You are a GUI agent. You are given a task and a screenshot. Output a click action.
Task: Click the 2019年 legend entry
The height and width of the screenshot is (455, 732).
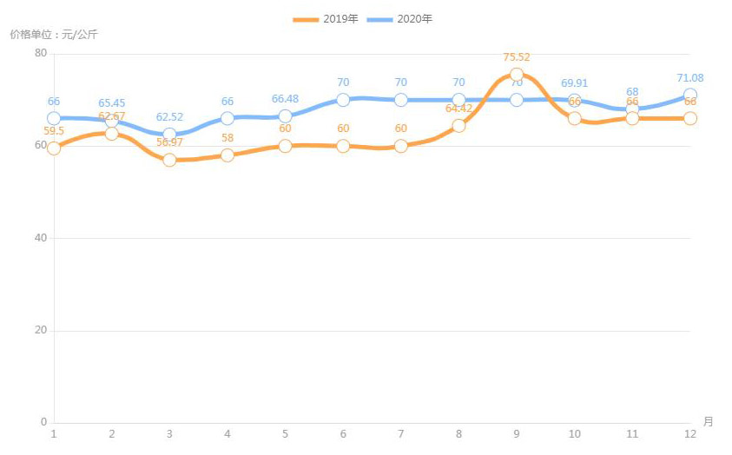(326, 19)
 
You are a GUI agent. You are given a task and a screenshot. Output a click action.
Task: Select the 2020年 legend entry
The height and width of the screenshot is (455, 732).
(400, 19)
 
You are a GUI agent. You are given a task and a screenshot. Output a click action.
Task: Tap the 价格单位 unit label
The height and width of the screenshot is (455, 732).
(54, 35)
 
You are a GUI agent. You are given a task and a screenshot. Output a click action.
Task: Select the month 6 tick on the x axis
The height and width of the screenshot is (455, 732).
(343, 433)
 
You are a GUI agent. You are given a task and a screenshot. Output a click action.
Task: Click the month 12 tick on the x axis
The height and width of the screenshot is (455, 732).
(689, 433)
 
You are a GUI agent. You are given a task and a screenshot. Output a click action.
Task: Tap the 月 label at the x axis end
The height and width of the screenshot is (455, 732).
(708, 422)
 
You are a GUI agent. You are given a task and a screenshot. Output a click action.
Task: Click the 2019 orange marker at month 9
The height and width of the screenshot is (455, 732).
(517, 75)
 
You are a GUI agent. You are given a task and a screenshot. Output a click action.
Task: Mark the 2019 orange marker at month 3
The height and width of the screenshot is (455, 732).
(169, 160)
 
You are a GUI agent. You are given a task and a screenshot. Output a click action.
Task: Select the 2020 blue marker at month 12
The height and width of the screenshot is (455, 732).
(689, 95)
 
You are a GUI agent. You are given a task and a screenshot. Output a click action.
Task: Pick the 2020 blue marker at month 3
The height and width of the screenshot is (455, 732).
(169, 135)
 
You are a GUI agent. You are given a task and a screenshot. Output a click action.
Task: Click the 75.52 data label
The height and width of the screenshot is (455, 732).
(517, 57)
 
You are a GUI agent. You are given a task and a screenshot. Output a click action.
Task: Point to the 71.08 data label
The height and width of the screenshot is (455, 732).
(690, 78)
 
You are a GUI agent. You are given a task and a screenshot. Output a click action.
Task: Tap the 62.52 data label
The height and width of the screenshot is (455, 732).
(169, 117)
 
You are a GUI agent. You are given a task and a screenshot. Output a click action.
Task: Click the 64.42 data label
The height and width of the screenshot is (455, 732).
(458, 109)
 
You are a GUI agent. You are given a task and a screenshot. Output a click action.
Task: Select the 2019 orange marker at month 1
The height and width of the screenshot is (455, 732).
(54, 148)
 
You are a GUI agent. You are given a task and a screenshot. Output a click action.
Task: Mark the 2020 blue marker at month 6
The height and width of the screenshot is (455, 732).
(343, 100)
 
